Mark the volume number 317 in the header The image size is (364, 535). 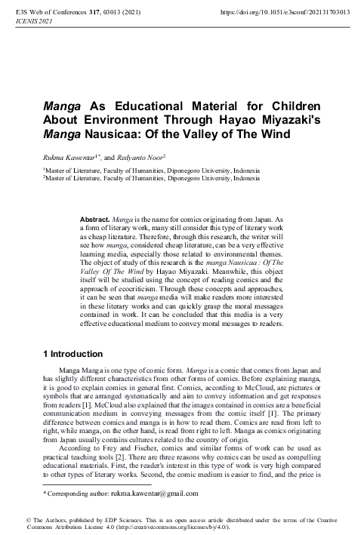[94, 13]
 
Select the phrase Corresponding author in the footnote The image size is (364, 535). [71, 493]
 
